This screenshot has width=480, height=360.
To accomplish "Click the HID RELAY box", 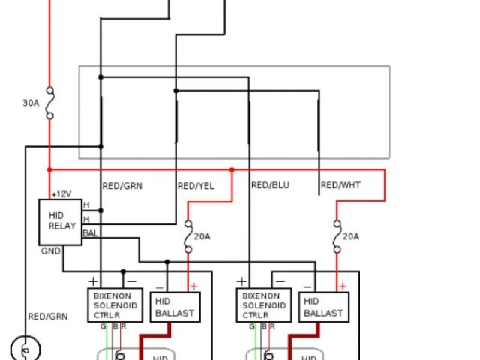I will [x=62, y=222].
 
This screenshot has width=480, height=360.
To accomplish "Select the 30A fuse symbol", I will [x=49, y=103].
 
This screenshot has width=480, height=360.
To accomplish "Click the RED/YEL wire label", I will [x=196, y=185].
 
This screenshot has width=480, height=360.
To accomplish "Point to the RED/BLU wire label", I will [x=270, y=185].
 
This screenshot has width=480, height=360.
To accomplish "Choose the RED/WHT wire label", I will [x=340, y=185].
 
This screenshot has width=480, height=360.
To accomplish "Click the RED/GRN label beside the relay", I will [x=122, y=185].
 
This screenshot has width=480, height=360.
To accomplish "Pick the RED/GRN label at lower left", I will [x=47, y=316].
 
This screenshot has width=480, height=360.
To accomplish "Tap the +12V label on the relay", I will [x=61, y=194].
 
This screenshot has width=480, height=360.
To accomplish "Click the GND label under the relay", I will [x=51, y=251].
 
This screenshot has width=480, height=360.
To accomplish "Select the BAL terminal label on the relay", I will [x=90, y=233].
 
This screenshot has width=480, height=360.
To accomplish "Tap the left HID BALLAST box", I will [x=175, y=307].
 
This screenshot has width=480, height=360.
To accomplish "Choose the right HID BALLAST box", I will [x=323, y=307].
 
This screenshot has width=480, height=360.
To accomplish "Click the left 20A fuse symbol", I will [x=187, y=235].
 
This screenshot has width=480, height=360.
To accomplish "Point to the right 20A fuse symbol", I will [x=337, y=235].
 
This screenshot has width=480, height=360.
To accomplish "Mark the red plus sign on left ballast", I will [x=193, y=286].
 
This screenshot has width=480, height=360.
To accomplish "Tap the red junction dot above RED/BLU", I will [x=232, y=170].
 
